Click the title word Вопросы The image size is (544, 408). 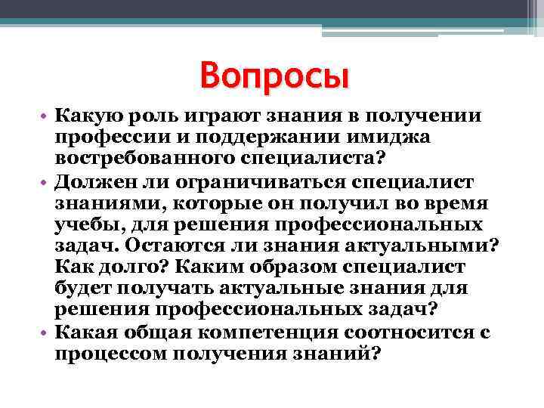(275, 76)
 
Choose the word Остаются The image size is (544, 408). (172, 246)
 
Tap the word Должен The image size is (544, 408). (93, 182)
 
